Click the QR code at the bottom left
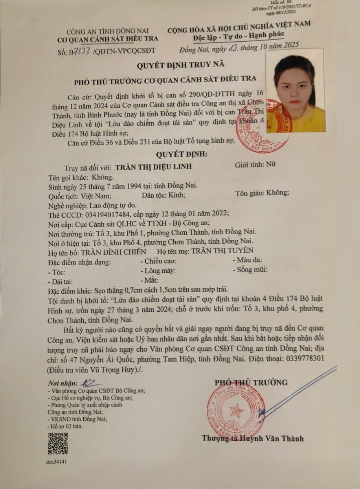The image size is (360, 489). coord(58,443)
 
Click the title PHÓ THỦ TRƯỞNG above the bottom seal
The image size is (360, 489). coord(251,382)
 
